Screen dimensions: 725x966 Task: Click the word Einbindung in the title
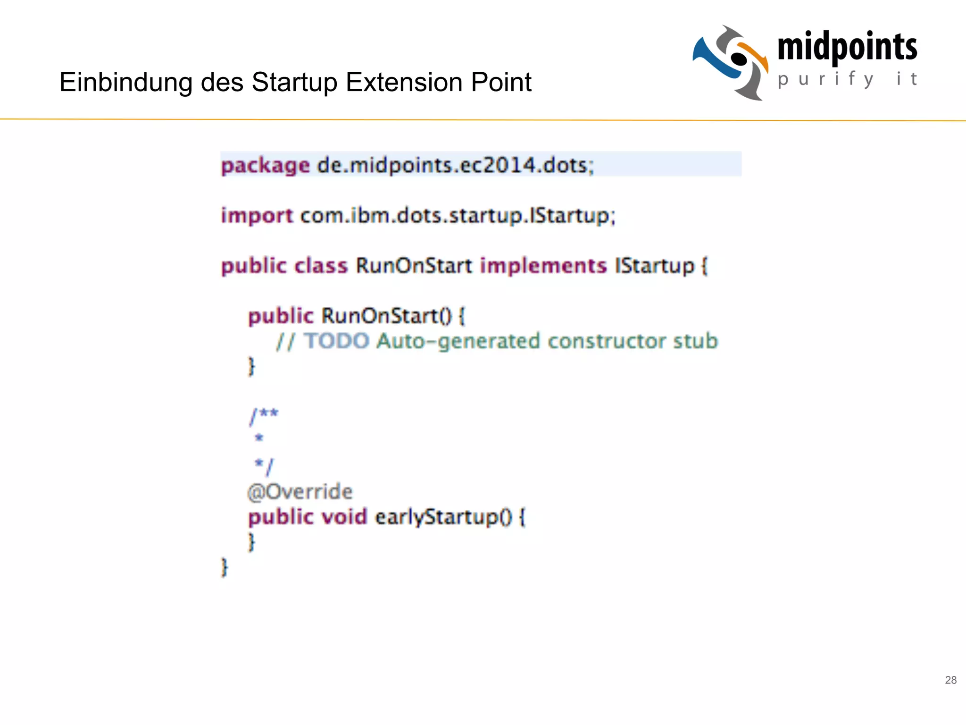click(125, 82)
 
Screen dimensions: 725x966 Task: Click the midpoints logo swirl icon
click(731, 62)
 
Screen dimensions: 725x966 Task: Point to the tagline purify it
click(847, 79)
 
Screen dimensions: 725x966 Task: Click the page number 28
click(950, 680)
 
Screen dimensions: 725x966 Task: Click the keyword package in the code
click(265, 166)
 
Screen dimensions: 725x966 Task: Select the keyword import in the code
click(257, 216)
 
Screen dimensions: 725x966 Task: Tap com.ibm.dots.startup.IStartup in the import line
click(458, 216)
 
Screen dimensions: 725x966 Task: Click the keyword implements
click(543, 266)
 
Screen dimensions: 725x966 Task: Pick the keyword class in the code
click(321, 266)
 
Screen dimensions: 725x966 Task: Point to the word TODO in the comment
click(336, 341)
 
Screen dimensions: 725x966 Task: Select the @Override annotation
click(300, 492)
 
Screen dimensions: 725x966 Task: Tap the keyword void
click(344, 517)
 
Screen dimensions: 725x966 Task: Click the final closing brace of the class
click(225, 567)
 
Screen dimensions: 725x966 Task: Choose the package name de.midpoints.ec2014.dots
click(455, 166)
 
